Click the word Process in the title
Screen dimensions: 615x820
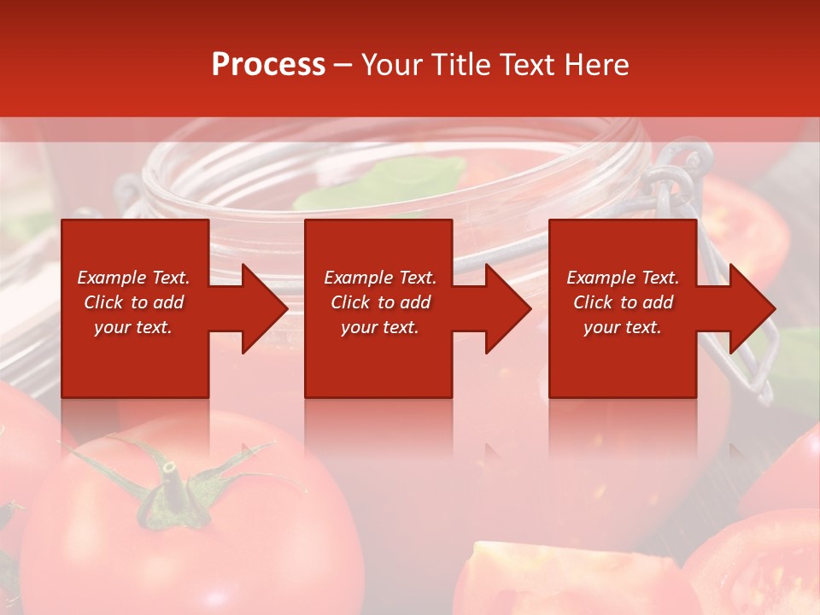268,65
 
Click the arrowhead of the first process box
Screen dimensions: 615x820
261,308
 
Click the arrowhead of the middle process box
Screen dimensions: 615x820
505,308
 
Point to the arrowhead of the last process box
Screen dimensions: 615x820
749,308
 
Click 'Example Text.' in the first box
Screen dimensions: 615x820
133,278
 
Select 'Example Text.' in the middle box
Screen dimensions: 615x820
379,278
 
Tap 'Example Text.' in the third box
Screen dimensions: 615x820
623,278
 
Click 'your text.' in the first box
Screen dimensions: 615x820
133,327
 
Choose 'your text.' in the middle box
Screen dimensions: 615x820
379,327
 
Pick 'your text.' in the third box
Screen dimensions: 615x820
623,327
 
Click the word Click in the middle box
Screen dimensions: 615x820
349,302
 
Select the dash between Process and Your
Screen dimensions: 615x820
343,66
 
